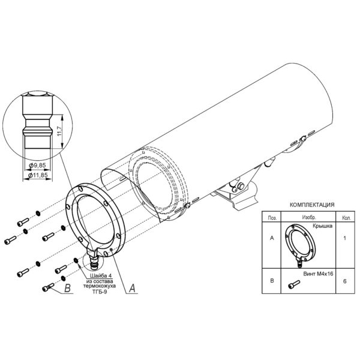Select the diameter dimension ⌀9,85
[x=37, y=166]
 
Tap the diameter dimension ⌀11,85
[x=38, y=175]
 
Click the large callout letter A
[x=132, y=288]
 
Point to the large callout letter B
[x=67, y=288]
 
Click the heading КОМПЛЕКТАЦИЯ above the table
[x=312, y=205]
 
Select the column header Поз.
[x=272, y=218]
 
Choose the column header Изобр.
[x=309, y=217]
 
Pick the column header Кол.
[x=346, y=218]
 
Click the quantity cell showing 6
[x=344, y=281]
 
